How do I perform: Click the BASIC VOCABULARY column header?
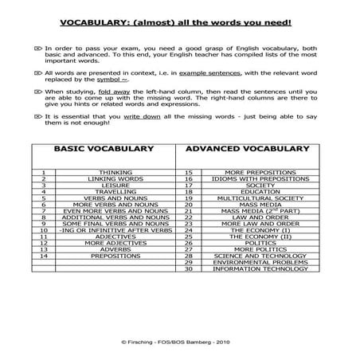(x=104, y=149)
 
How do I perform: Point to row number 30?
(x=189, y=269)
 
